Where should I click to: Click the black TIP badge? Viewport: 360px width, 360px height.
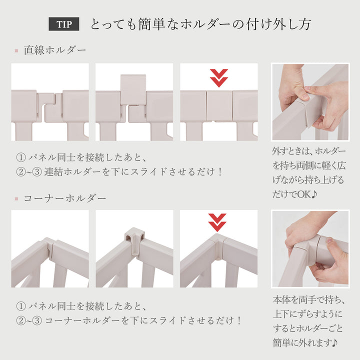pyautogui.click(x=63, y=24)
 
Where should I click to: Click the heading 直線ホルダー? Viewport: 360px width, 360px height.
pyautogui.click(x=55, y=50)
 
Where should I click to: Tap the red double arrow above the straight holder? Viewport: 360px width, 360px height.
pyautogui.click(x=218, y=77)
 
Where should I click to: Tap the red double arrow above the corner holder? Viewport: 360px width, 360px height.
pyautogui.click(x=217, y=222)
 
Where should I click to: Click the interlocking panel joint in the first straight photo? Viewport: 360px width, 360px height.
pyautogui.click(x=49, y=106)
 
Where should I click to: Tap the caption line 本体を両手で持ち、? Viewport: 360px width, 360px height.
pyautogui.click(x=308, y=300)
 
